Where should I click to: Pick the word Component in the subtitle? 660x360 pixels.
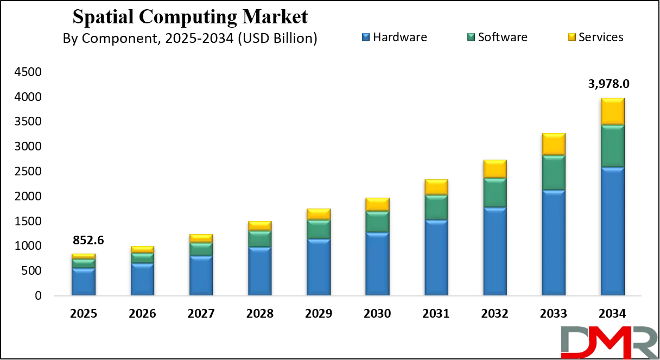[115, 39]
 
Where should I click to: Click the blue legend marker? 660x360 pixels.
[366, 37]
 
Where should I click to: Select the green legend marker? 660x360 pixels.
[471, 37]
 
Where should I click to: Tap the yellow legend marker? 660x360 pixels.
[570, 37]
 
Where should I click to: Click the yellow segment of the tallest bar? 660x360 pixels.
[612, 111]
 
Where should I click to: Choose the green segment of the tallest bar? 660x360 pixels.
[612, 146]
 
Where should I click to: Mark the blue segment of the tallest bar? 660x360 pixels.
[612, 231]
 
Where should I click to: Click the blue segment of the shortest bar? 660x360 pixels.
[84, 282]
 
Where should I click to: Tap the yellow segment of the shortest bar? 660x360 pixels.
[84, 256]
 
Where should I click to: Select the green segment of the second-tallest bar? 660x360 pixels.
[554, 173]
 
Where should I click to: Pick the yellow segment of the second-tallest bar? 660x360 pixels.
[554, 144]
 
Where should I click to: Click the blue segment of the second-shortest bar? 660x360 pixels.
[142, 280]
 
